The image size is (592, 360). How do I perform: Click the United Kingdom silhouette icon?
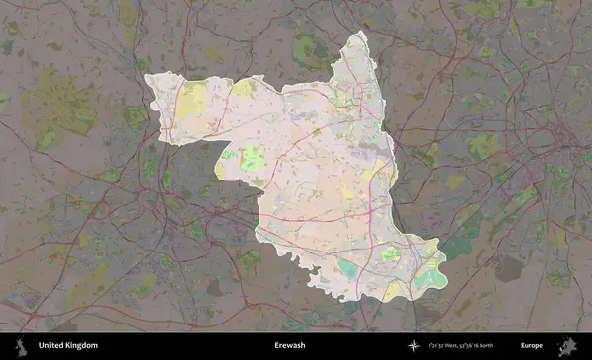(19, 346)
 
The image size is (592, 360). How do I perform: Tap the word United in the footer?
(52, 346)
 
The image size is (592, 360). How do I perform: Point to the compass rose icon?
(414, 346)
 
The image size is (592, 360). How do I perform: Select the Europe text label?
(532, 346)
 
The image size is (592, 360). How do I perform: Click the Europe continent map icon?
(568, 346)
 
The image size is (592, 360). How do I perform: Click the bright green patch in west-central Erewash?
(253, 157)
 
